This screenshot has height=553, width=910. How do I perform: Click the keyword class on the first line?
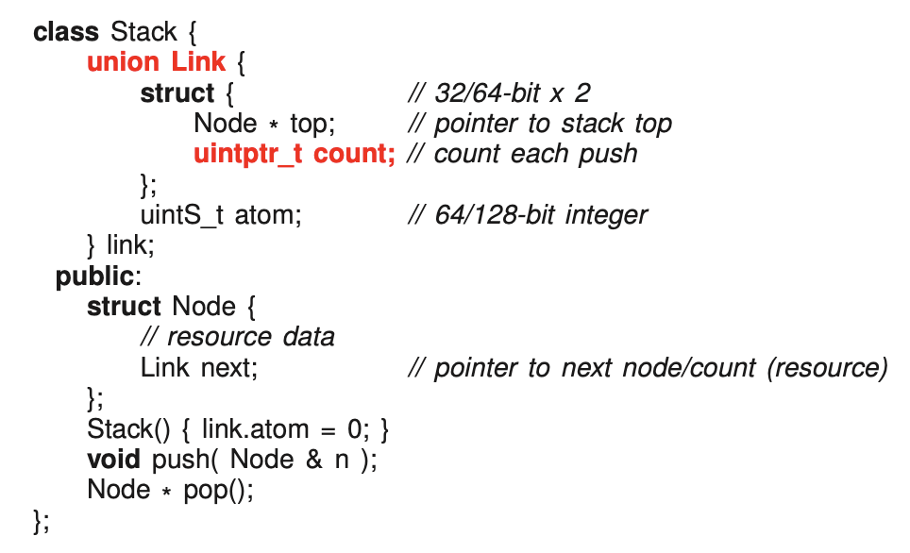[x=66, y=32]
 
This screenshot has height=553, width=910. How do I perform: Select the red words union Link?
[x=156, y=62]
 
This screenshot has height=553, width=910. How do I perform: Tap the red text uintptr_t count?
[x=294, y=154]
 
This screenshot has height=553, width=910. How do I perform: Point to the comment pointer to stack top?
[x=552, y=124]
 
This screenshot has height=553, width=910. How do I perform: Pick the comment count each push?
[x=535, y=154]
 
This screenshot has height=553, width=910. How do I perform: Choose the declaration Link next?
[x=199, y=367]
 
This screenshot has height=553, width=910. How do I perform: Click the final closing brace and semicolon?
[x=41, y=520]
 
